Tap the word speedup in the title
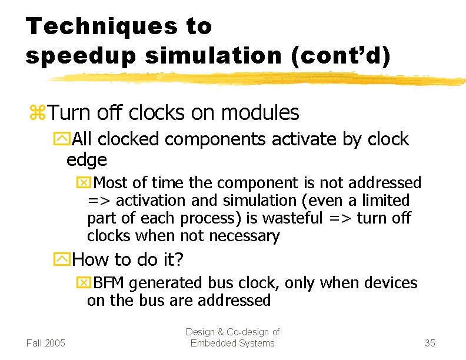tap(71, 56)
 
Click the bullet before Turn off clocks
tap(38, 112)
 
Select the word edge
tap(86, 159)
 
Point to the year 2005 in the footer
tap(56, 343)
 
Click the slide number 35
tap(430, 343)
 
